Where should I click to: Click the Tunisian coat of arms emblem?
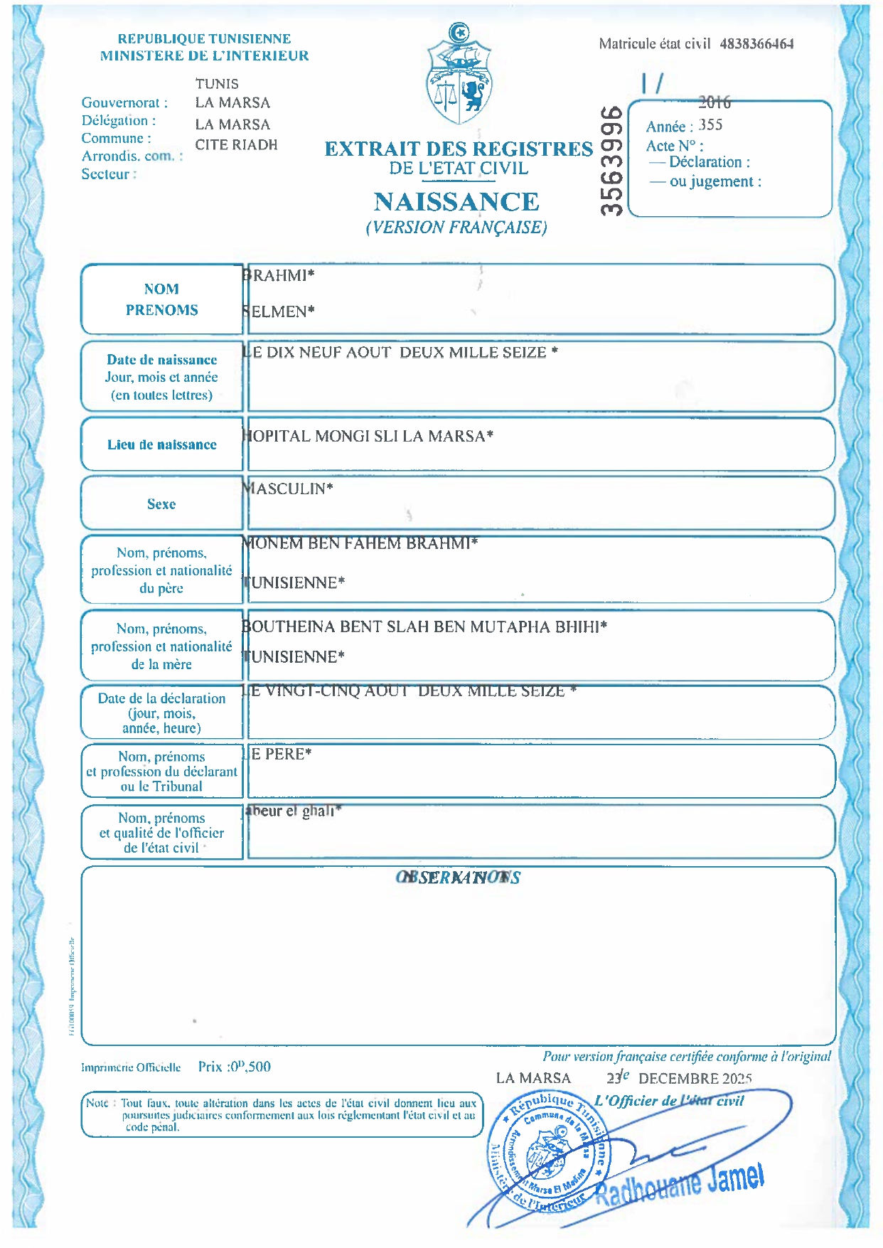(x=459, y=75)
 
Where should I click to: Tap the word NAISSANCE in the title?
(x=456, y=202)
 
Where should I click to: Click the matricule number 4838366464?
(x=756, y=44)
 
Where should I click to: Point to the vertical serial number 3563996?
(x=612, y=161)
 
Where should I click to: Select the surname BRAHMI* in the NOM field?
(x=279, y=276)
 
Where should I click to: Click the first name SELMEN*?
(x=279, y=311)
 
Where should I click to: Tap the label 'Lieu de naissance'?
(x=162, y=445)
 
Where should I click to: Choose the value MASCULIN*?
(x=288, y=489)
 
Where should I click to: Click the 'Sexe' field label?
(x=161, y=504)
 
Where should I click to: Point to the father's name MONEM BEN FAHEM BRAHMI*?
(x=360, y=544)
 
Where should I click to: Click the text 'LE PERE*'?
(x=278, y=754)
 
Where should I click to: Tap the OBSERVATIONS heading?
(x=458, y=878)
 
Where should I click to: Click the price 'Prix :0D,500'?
(x=234, y=1067)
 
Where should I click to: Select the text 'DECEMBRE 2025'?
(x=695, y=1079)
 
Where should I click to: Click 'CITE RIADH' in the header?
(x=236, y=145)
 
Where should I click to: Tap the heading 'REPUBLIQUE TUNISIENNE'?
(x=204, y=39)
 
